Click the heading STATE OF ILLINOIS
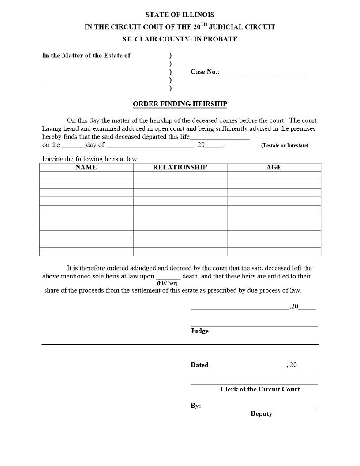point(180,15)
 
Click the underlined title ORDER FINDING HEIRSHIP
point(180,105)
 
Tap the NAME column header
point(86,167)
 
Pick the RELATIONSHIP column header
point(180,167)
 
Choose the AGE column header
point(274,167)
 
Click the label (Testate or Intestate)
point(285,145)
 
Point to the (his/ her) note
point(167,283)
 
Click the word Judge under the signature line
point(199,331)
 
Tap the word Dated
point(199,365)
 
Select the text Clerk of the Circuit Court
point(260,389)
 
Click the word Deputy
point(261,413)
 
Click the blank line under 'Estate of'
point(97,82)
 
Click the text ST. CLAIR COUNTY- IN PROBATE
point(180,39)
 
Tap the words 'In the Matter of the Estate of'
point(86,55)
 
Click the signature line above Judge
point(254,325)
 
